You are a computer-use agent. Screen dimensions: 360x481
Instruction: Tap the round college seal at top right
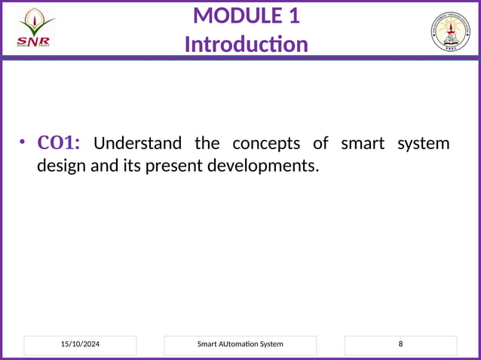(450, 32)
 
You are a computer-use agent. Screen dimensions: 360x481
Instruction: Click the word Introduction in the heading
(246, 44)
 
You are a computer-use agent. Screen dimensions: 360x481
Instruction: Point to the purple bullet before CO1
(23, 143)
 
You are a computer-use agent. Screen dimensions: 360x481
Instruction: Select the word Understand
(137, 143)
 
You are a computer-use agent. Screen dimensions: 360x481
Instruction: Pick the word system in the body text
(424, 143)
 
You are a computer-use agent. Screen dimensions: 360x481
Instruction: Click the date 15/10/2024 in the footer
(80, 344)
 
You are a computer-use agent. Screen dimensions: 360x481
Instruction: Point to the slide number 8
(400, 344)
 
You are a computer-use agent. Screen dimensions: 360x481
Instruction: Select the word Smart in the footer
(207, 344)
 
